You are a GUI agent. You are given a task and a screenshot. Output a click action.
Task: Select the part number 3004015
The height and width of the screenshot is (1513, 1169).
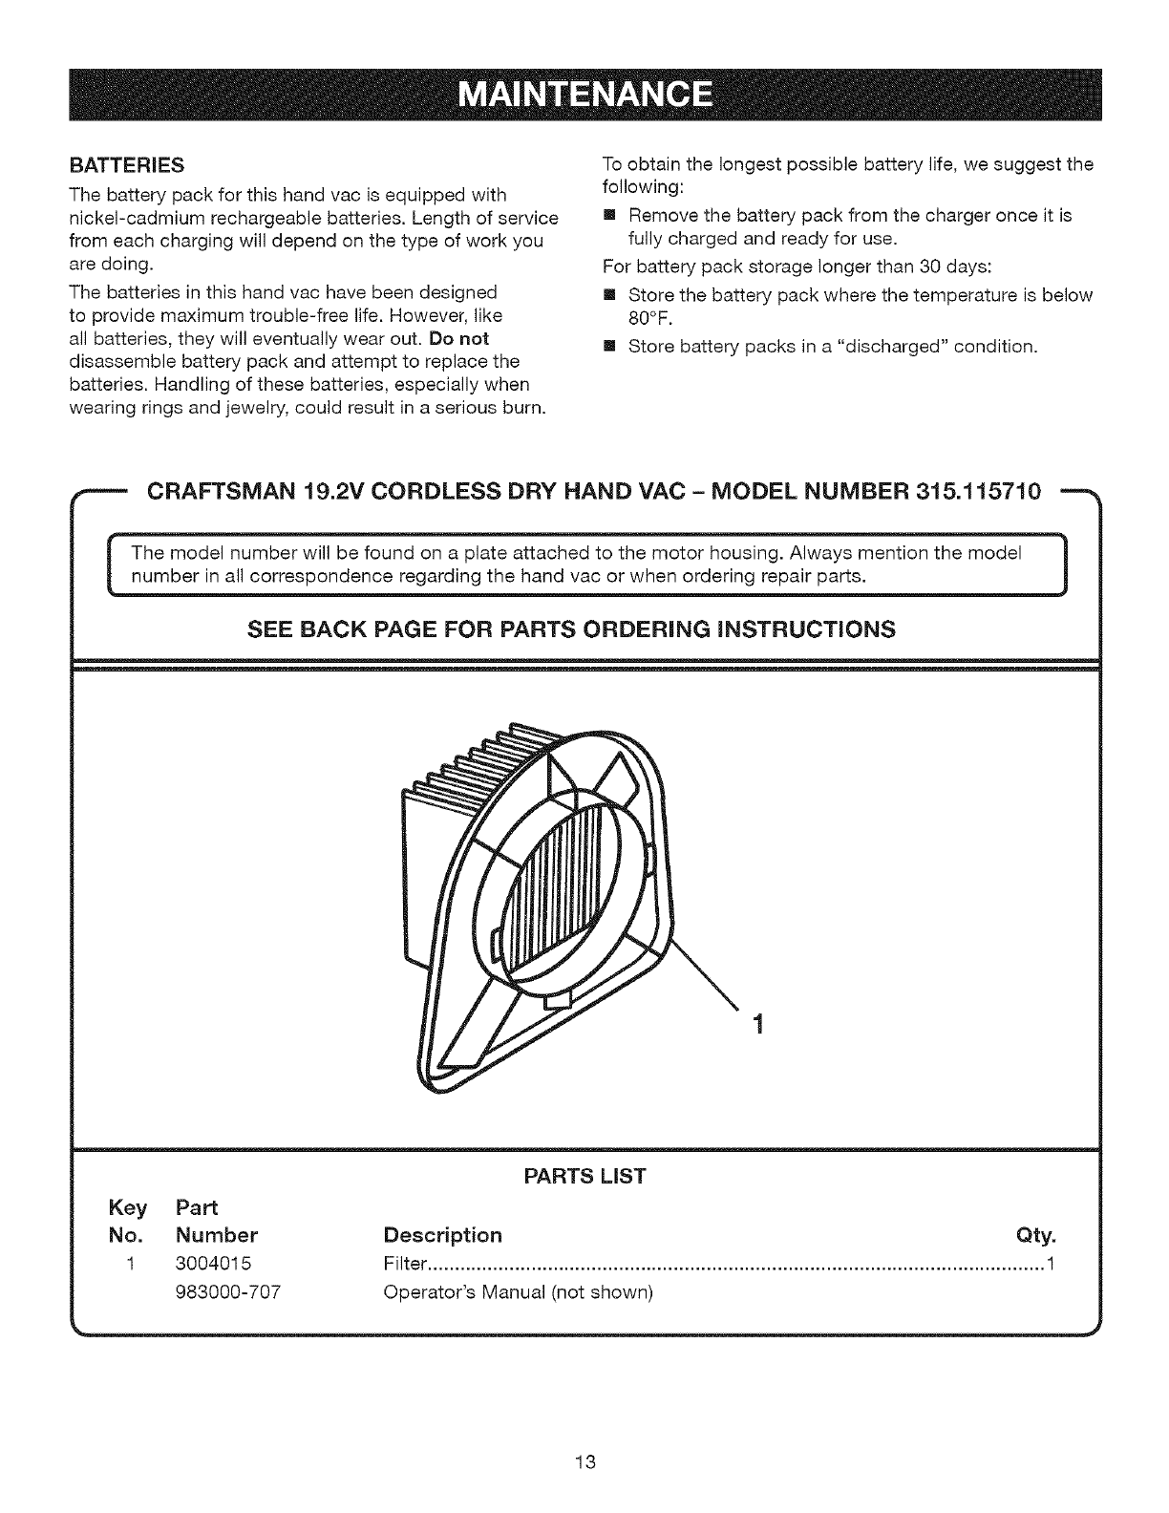[213, 1265]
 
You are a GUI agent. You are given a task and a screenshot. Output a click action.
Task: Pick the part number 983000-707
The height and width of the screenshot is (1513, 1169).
[228, 1292]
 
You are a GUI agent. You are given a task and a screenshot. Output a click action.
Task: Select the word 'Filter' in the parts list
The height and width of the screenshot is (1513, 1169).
[402, 1265]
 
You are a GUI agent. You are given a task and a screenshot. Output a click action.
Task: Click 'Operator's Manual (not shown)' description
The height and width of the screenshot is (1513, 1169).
[517, 1292]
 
